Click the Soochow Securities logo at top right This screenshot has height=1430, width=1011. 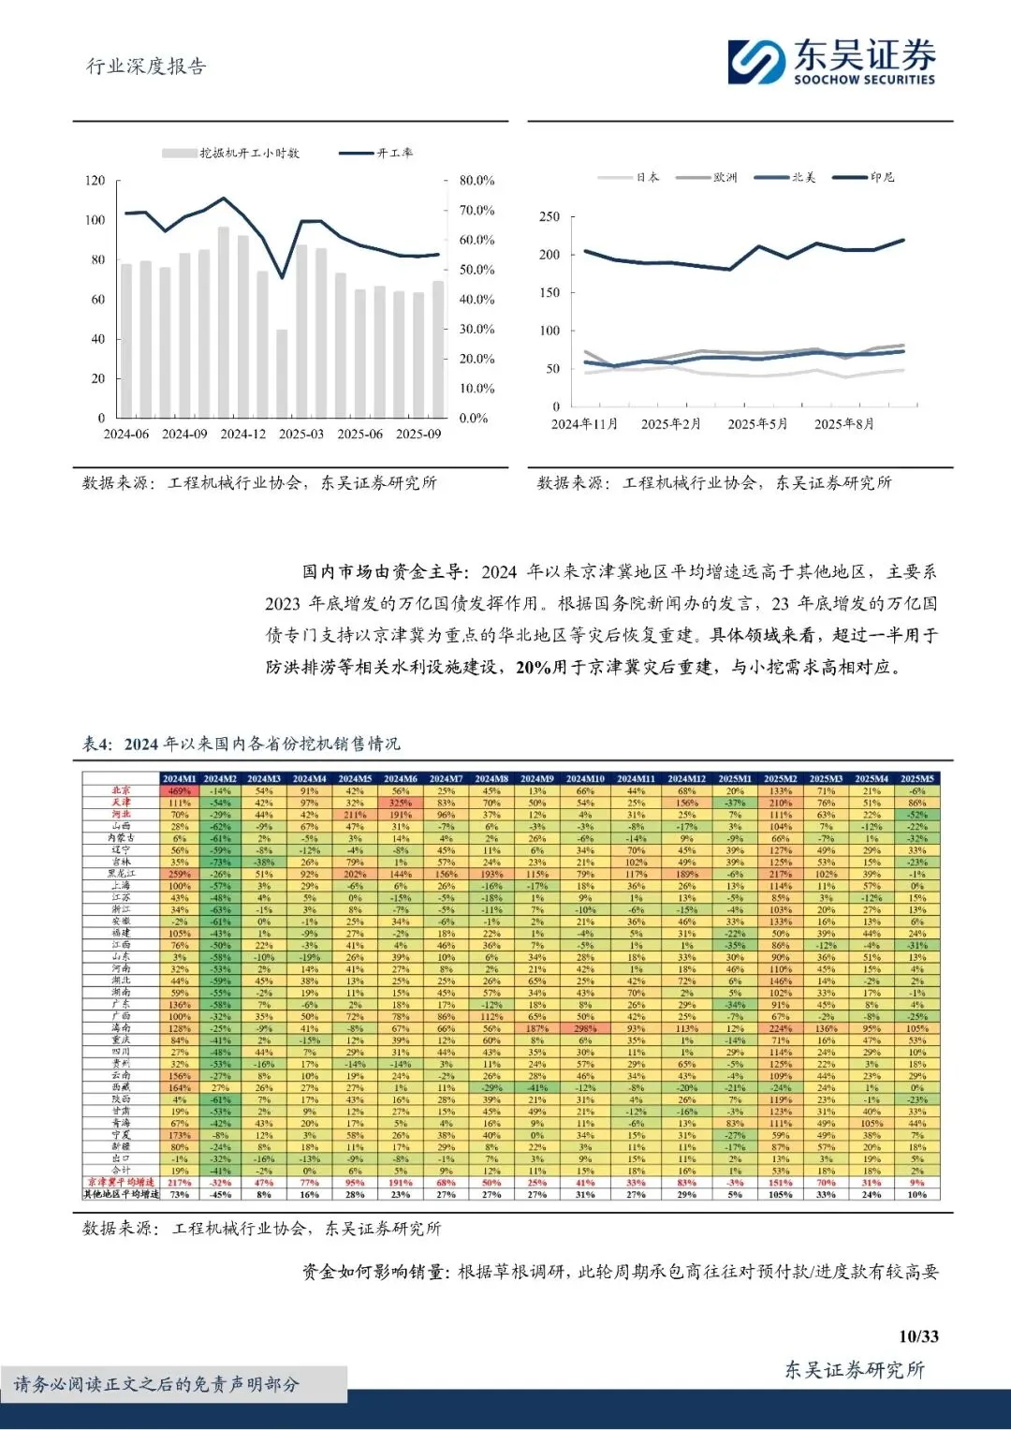(x=831, y=62)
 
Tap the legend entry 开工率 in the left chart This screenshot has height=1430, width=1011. (x=375, y=153)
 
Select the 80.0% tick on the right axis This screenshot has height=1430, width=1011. (x=476, y=181)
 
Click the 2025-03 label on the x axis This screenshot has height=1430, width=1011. (x=300, y=435)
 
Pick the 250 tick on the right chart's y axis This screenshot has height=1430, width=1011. (x=549, y=216)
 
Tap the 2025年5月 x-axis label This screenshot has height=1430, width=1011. (x=757, y=424)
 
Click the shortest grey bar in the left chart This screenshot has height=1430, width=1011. (x=281, y=374)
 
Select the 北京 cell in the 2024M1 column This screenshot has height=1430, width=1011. (x=179, y=791)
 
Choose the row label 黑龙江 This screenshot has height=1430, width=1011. (x=121, y=874)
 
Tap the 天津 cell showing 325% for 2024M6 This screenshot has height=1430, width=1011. (x=401, y=803)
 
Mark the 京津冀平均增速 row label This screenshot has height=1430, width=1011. (x=121, y=1183)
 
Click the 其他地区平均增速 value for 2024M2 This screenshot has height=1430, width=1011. (x=220, y=1195)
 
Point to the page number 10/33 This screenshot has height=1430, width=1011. (x=917, y=1336)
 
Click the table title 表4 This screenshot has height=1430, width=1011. (x=97, y=744)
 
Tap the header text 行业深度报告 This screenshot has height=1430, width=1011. (x=146, y=66)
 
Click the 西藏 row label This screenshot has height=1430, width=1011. (x=121, y=1087)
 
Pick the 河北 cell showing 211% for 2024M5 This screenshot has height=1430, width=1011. (x=355, y=815)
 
